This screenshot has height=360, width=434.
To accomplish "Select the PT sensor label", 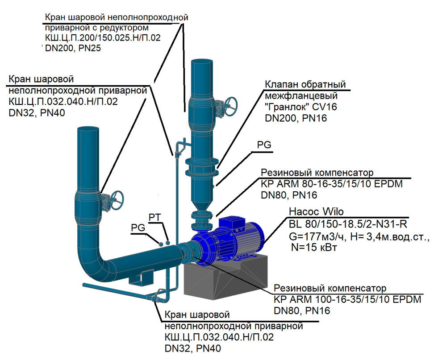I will (154, 217).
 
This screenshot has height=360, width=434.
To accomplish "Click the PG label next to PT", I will (138, 228).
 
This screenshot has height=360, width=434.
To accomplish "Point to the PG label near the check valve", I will (264, 145).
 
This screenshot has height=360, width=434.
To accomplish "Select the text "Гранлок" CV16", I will (301, 107).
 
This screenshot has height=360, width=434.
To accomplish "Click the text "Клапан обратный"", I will (305, 84).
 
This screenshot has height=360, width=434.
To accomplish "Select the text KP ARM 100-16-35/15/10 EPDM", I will (347, 299).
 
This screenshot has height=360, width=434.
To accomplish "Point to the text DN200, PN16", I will (296, 118).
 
